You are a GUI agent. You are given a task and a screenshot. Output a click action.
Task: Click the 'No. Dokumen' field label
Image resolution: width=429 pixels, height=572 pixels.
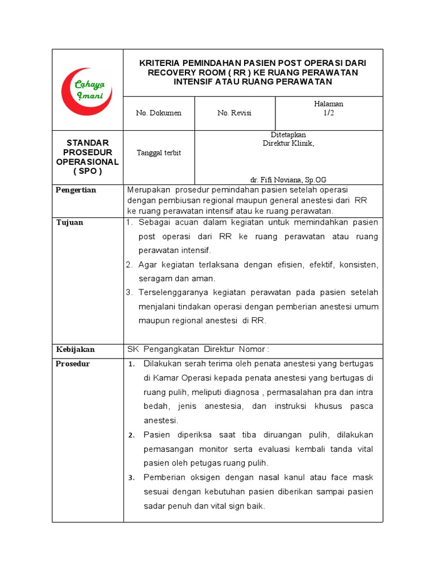point(159,113)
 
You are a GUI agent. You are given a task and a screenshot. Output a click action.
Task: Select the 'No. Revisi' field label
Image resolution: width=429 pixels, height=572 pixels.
point(234,113)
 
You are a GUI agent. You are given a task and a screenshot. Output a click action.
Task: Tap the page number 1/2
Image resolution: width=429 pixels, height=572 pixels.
point(329,113)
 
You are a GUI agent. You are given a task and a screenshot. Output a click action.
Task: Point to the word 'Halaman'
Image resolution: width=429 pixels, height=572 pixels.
point(329,104)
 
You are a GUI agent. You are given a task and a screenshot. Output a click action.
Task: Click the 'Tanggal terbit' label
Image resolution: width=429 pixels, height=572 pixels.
point(159,153)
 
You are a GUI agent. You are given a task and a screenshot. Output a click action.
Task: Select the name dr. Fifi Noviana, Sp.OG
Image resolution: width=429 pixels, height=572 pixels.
point(288,180)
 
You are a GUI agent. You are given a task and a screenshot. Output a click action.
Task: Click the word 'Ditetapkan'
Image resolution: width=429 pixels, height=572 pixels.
point(288,135)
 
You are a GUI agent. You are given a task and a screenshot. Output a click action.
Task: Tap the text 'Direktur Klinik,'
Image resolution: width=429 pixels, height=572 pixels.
point(288,143)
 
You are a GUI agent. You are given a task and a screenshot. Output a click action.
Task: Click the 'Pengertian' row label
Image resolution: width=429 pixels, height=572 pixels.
point(76,190)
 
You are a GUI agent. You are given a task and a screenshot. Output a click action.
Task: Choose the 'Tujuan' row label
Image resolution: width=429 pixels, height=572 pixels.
point(69,223)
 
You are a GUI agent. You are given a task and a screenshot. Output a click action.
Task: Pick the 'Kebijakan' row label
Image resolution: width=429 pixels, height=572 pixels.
point(75,350)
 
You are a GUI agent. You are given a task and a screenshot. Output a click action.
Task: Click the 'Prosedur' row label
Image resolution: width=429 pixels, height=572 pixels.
point(73,364)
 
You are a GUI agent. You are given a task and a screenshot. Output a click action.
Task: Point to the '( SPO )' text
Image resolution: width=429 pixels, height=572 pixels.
point(87,171)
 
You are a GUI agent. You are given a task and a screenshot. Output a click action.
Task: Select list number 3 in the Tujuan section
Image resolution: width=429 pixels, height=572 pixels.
point(128,292)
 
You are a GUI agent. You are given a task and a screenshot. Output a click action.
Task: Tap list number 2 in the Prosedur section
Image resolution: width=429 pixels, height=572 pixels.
point(131,435)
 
